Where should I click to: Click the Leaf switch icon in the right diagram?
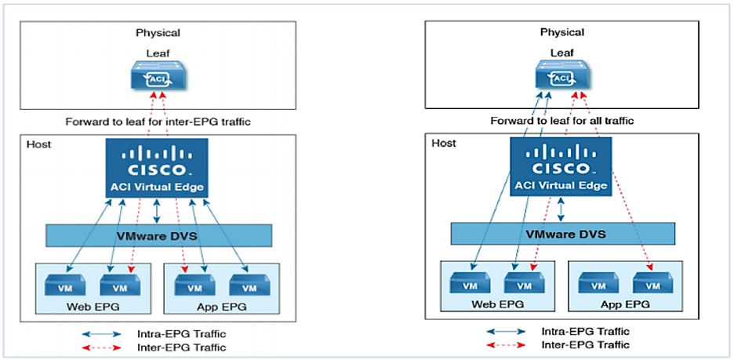click(562, 77)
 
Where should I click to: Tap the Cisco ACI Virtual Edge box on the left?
click(158, 166)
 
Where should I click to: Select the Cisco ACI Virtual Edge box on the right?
click(561, 166)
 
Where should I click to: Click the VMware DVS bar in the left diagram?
click(158, 235)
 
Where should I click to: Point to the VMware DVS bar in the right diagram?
click(562, 235)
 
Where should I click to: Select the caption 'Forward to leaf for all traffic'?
click(561, 121)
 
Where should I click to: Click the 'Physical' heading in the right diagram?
click(562, 32)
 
